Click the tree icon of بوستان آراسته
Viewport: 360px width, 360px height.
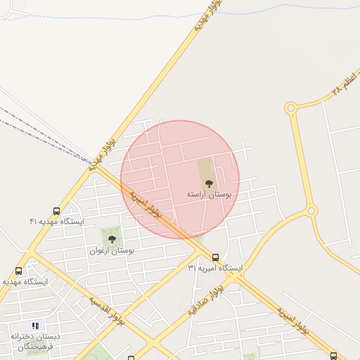coord(208,183)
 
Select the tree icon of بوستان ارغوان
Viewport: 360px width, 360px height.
coord(112,240)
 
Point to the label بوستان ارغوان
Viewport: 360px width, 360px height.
coord(112,250)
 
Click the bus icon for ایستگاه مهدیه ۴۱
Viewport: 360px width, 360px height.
coord(56,211)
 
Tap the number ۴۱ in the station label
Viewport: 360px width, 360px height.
coord(33,221)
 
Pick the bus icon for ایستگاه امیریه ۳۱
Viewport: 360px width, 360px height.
coord(215,257)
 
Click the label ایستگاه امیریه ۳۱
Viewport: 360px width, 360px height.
coord(215,268)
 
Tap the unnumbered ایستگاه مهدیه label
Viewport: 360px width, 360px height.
coord(25,281)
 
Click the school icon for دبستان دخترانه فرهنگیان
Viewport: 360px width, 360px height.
coord(35,326)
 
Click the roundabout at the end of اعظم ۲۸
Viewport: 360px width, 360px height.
coord(290,108)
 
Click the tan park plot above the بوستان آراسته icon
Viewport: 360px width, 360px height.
coord(205,169)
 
